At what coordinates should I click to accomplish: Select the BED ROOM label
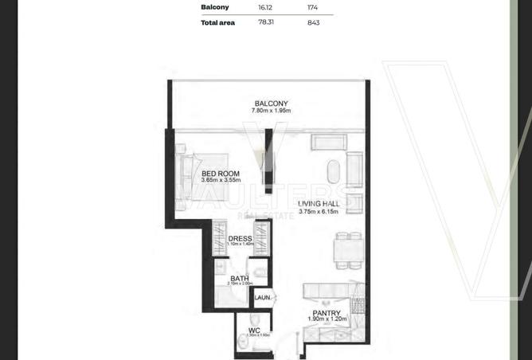[x=217, y=174]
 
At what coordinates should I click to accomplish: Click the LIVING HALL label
[x=319, y=204]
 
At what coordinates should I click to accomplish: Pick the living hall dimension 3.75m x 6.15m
[x=319, y=212]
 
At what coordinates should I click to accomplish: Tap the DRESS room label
[x=240, y=238]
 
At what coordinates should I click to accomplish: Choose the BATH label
[x=239, y=278]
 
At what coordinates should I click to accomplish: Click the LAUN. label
[x=263, y=298]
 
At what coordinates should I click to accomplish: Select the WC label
[x=254, y=329]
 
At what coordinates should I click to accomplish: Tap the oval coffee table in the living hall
[x=332, y=172]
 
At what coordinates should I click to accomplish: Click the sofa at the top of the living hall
[x=328, y=143]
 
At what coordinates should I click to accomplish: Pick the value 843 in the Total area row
[x=313, y=22]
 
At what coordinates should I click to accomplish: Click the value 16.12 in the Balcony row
[x=265, y=6]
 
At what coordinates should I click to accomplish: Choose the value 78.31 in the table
[x=265, y=22]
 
